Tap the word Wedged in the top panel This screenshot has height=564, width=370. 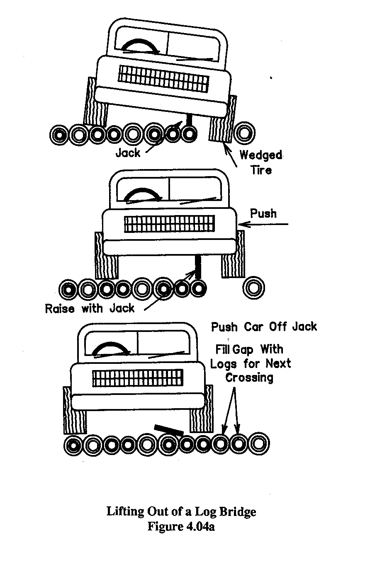[x=261, y=155]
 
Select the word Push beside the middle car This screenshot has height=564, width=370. [x=263, y=213]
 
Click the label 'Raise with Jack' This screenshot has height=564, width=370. [x=90, y=308]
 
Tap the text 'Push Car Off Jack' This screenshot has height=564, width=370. [x=264, y=327]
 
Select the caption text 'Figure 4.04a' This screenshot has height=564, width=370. [x=181, y=528]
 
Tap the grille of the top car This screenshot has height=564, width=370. [x=163, y=79]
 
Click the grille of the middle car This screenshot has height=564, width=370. [x=170, y=224]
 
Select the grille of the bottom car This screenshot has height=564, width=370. [x=137, y=378]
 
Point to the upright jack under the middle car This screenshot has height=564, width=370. [x=199, y=267]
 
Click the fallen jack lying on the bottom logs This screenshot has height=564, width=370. [x=168, y=430]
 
